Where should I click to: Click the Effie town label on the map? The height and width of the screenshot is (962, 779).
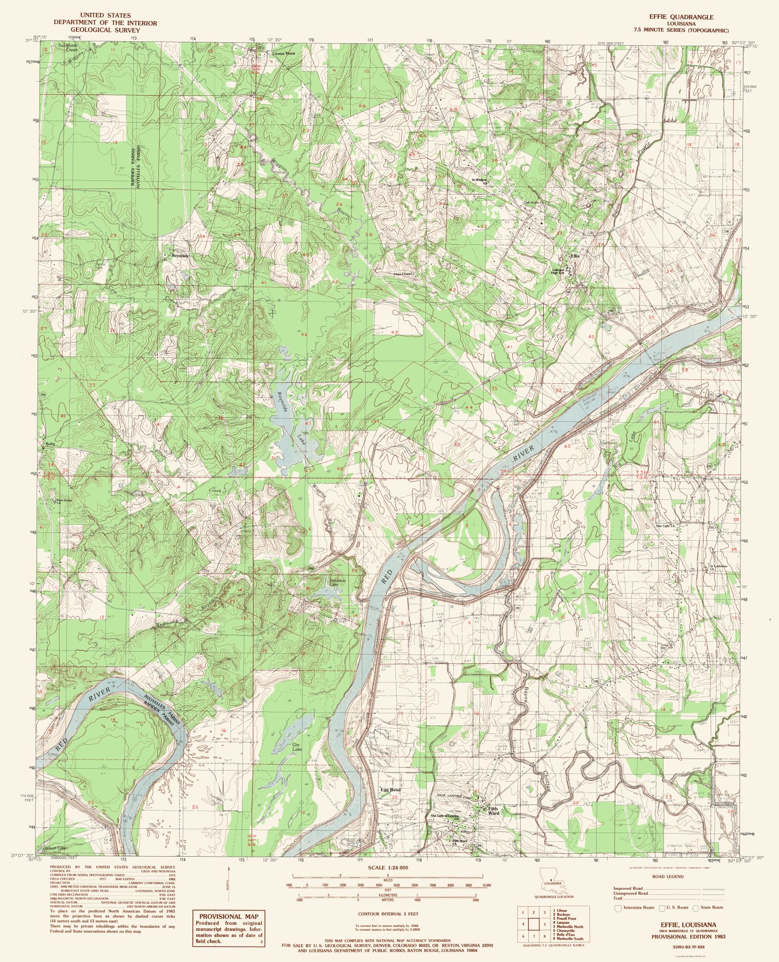575,256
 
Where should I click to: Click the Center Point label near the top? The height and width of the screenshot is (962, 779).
283,54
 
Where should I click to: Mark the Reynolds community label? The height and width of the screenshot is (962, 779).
180,256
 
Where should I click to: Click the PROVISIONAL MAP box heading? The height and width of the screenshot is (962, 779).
229,917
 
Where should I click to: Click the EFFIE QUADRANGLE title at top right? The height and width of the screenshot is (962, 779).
681,17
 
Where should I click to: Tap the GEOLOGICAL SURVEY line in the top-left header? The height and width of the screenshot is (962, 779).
105,30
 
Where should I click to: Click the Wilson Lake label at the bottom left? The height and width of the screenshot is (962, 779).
54,848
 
